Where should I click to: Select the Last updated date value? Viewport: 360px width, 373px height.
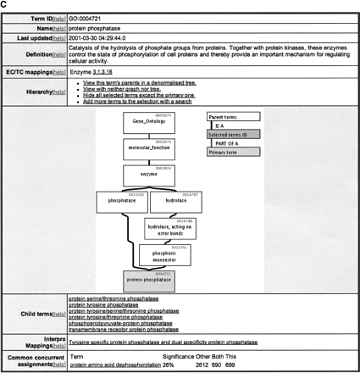pyautogui.click(x=100, y=38)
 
